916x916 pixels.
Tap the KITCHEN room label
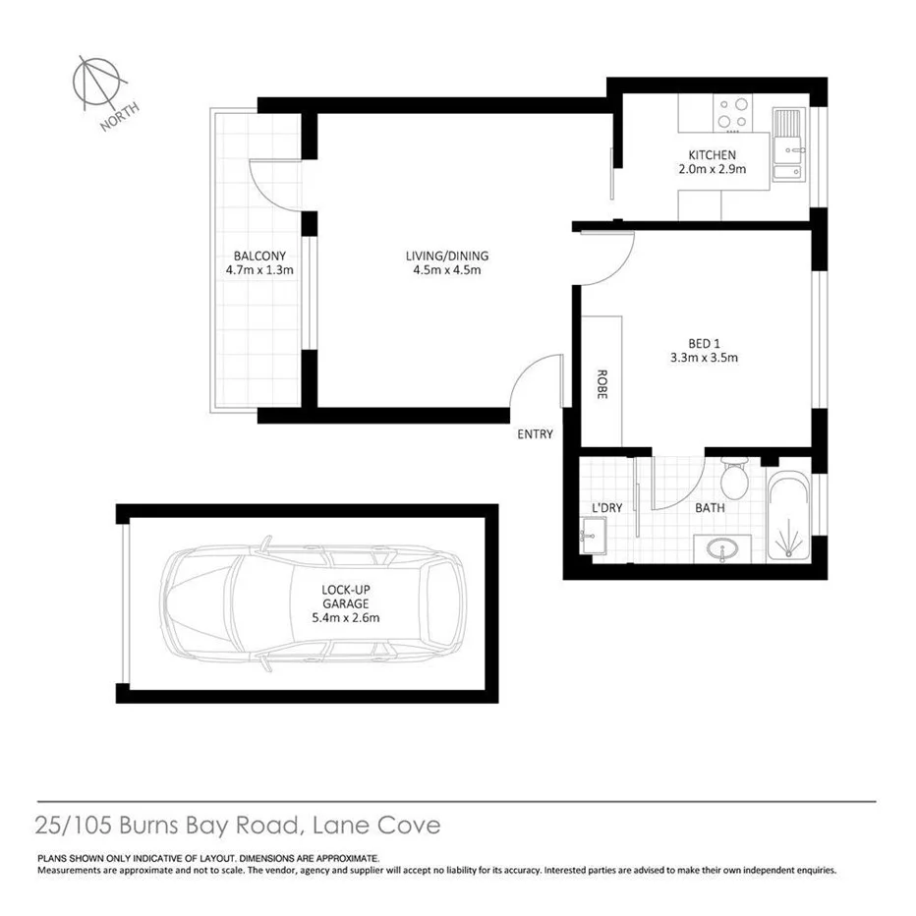(x=712, y=155)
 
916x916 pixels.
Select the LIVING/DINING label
(x=447, y=257)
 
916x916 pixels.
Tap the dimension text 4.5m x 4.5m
(x=447, y=271)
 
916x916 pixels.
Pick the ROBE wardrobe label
(x=601, y=383)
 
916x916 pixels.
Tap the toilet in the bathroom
(x=733, y=480)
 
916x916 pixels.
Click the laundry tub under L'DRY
(x=593, y=538)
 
